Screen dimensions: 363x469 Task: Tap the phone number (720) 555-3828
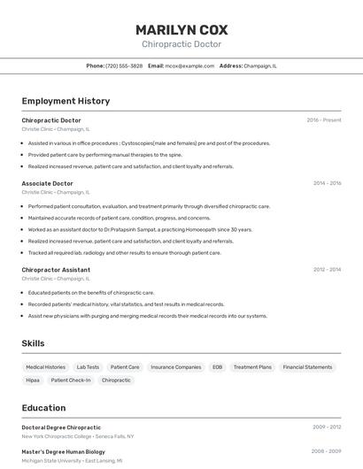coord(124,65)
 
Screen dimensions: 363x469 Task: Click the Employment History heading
coord(66,101)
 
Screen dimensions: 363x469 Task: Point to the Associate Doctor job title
coord(48,183)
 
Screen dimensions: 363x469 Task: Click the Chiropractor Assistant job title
coord(56,270)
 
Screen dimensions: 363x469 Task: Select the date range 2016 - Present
coord(324,120)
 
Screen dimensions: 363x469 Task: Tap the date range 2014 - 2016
coord(327,183)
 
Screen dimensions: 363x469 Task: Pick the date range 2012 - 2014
coord(327,270)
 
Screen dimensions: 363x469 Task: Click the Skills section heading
coord(33,343)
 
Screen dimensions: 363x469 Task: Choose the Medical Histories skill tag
coord(45,366)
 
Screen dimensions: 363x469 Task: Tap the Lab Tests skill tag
coord(88,366)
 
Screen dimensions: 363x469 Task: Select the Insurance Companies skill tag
coord(175,366)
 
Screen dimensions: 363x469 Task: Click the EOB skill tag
coord(217,366)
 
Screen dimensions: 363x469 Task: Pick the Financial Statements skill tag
coord(307,366)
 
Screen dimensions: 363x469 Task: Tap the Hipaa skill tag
coord(33,381)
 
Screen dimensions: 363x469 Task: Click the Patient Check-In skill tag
coord(71,381)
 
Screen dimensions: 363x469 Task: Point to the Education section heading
coord(43,408)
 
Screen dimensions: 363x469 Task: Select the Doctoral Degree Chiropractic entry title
coord(61,427)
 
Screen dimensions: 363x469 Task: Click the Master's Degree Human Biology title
coord(63,451)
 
